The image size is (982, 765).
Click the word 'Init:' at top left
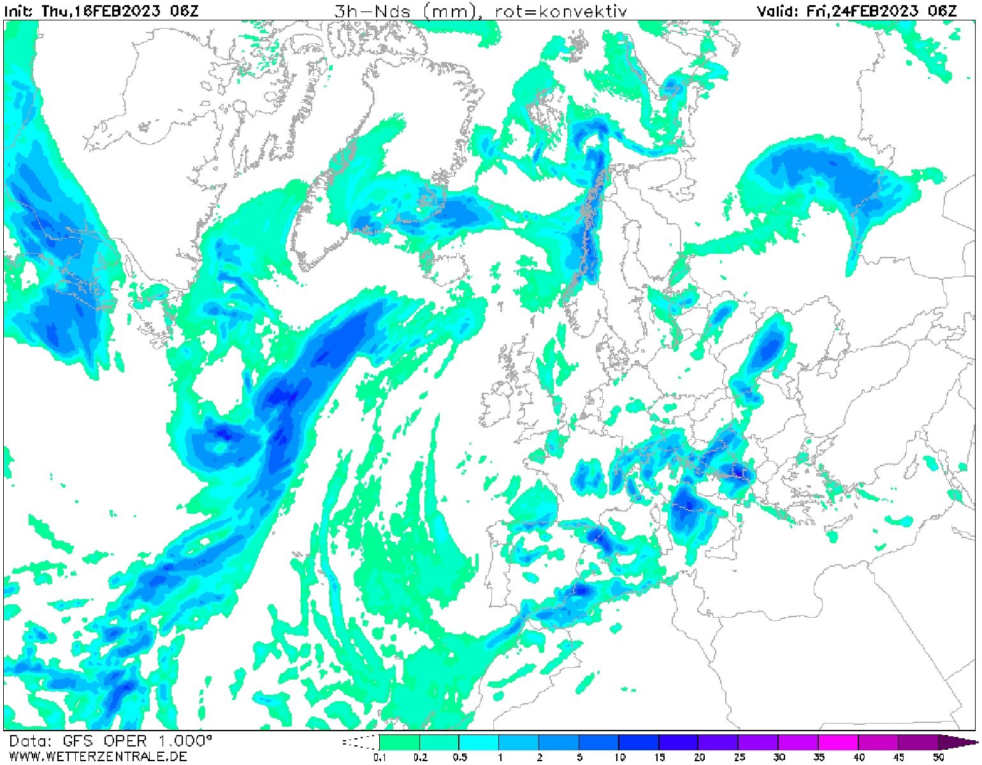tap(20, 11)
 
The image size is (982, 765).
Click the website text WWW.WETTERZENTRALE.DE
tap(98, 756)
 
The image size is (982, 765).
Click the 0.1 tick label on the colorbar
tap(380, 757)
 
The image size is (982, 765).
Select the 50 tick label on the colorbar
tap(938, 757)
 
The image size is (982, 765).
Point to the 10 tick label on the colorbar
tap(619, 757)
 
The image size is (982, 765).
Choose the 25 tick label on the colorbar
tap(739, 757)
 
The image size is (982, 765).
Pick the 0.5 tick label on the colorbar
tap(459, 757)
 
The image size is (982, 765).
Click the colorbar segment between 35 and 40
tap(838, 743)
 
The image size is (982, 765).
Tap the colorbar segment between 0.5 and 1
tap(479, 743)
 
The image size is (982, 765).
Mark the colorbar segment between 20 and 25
tap(718, 743)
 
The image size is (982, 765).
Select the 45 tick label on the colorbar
tap(898, 757)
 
